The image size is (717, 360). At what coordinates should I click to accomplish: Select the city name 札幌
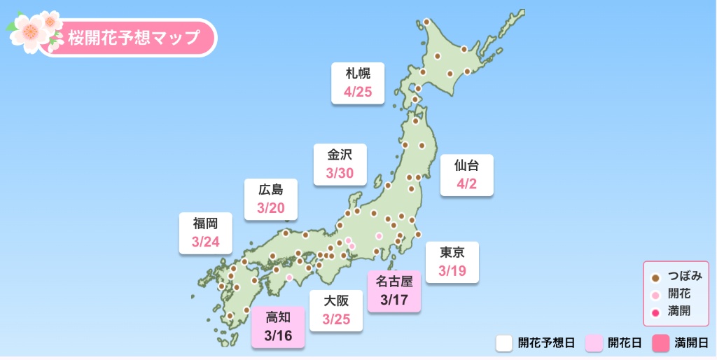pos(358,74)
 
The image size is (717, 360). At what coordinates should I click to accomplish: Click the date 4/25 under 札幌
pos(358,92)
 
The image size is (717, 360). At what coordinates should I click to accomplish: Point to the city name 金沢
pos(340,155)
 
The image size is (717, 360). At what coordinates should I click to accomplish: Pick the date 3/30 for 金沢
pos(340,173)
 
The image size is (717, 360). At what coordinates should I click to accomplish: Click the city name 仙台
pos(466,166)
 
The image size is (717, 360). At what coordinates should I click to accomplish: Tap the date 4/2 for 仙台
pos(466,184)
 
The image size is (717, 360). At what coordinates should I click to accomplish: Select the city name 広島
pos(271,190)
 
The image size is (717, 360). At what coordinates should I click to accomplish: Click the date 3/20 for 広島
pos(271,208)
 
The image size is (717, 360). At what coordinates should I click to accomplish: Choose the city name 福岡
pos(205,224)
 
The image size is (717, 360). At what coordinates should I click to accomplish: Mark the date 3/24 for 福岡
pos(205,242)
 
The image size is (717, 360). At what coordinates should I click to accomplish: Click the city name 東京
pos(452,252)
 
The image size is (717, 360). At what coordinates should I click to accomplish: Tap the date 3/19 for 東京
pos(452,271)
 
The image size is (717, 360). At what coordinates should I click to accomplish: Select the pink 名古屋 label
pos(394,282)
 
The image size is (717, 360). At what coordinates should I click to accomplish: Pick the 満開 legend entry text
pos(679,311)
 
